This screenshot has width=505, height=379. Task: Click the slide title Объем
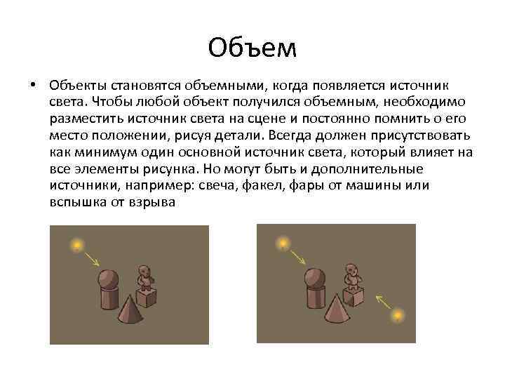[252, 48]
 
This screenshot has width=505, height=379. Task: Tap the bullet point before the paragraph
[33, 86]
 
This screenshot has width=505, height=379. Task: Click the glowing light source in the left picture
[75, 245]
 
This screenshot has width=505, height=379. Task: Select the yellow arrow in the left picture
[92, 261]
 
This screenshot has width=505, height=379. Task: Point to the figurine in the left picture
[145, 277]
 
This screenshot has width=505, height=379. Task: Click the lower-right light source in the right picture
[398, 315]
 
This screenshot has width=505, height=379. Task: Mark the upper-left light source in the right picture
[282, 244]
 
